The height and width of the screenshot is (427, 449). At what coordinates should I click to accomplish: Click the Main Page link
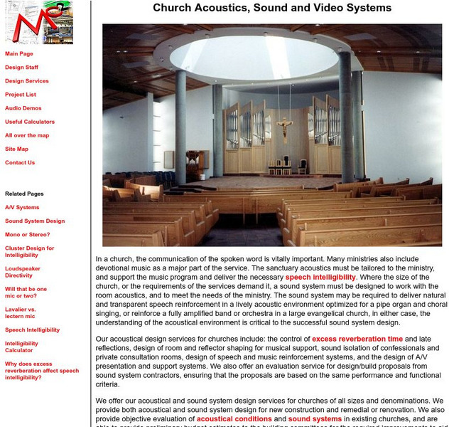coord(19,54)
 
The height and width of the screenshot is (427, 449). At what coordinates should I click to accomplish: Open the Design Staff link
coord(21,68)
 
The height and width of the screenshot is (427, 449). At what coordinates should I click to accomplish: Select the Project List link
coord(21,95)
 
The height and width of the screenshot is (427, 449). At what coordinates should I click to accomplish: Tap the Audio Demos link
coord(23,108)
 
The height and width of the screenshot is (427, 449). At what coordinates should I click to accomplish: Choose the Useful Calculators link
coord(30,122)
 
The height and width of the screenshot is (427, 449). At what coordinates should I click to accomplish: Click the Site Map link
coord(17,149)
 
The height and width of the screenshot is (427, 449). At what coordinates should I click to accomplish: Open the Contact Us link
coord(20,162)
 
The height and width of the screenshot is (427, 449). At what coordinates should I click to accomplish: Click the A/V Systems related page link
coord(22,207)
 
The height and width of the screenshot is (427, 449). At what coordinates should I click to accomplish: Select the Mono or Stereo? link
coord(28,234)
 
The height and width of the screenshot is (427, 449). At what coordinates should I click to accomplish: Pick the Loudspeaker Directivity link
coord(24,271)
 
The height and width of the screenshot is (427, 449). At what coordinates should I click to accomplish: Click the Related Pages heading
coord(24,194)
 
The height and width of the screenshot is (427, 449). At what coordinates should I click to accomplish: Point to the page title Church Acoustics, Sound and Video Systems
coord(272,9)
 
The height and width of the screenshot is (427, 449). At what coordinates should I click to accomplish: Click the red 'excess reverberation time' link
coord(357,339)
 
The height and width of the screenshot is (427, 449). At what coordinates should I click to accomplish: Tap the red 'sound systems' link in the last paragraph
coord(315,419)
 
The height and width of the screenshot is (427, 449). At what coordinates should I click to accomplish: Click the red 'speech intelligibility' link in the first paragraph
coord(320,277)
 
